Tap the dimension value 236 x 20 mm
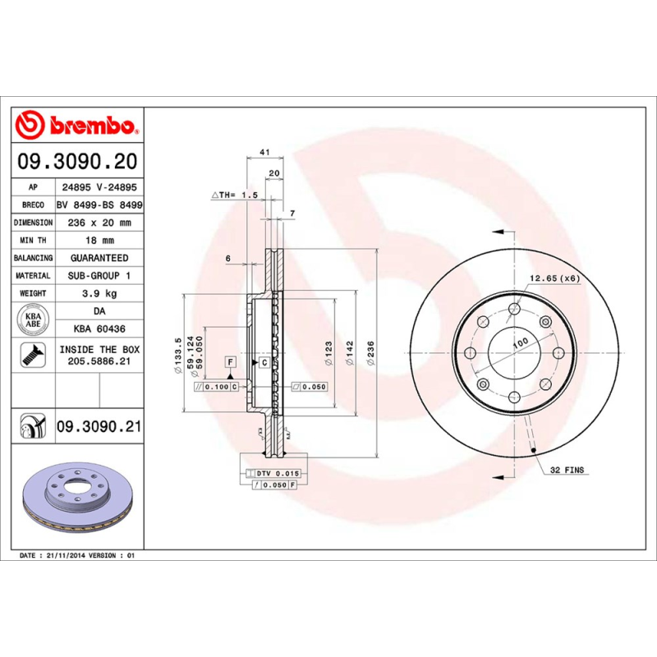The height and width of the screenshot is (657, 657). [99, 223]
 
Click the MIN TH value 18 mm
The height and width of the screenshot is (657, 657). [99, 241]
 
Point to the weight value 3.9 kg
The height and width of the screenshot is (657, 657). [99, 293]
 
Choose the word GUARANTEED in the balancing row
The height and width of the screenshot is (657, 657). [99, 258]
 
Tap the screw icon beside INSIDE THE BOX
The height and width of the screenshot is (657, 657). [32, 356]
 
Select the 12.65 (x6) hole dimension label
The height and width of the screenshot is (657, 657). [554, 278]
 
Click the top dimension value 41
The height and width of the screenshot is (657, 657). [264, 153]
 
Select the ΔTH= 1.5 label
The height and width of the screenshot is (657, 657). [236, 195]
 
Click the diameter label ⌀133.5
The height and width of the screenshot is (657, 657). [178, 356]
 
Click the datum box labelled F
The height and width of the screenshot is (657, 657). [231, 362]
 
